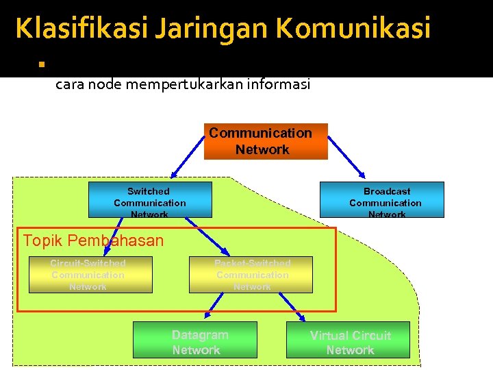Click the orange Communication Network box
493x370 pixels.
266,141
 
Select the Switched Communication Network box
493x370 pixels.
150,199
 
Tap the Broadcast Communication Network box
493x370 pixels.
385,199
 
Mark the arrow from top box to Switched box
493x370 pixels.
188,156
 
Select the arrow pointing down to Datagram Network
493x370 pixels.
215,304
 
